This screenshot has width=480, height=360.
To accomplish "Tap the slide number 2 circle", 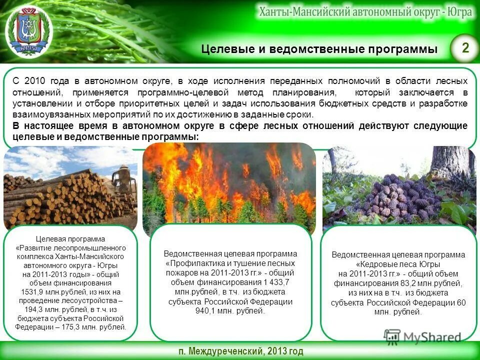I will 465,48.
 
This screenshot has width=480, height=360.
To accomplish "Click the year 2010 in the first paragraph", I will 34,81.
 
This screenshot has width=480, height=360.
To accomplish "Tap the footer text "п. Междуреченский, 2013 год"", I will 240,351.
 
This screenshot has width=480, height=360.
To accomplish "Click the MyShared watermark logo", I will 423,336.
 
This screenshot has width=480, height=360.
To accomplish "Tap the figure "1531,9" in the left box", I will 32,292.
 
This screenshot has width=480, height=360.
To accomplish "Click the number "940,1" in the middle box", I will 208,311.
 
